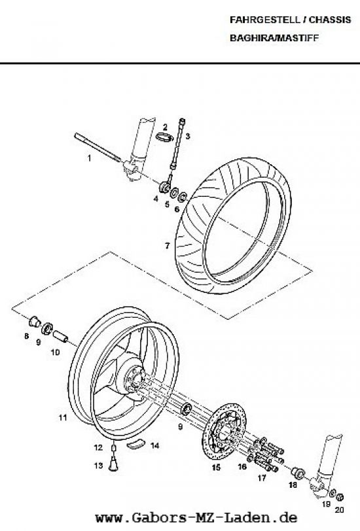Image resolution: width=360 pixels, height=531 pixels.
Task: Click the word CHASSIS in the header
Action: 329,20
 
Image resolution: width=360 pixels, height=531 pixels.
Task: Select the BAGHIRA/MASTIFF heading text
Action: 274,38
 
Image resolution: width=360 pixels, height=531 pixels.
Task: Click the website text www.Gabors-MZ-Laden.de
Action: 196,518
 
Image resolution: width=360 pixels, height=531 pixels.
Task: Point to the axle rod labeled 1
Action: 98,147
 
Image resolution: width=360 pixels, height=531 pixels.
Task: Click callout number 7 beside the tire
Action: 167,246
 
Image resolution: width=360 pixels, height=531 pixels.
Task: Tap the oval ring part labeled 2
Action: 165,137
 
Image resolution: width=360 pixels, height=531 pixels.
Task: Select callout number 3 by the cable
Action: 188,137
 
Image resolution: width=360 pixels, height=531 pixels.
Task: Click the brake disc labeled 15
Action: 224,431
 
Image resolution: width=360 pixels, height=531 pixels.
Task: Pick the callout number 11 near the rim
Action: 63,418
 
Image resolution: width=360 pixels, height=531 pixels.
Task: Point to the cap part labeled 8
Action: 35,321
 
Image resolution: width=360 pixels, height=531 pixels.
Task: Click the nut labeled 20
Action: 340,497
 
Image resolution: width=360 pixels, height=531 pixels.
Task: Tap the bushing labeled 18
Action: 298,473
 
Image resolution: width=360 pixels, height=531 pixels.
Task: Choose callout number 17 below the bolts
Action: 262,478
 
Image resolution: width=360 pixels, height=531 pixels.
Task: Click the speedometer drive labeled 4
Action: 166,187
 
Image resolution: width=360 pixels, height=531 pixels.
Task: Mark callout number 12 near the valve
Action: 98,448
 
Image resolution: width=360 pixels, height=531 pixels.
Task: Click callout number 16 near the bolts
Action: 242,467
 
